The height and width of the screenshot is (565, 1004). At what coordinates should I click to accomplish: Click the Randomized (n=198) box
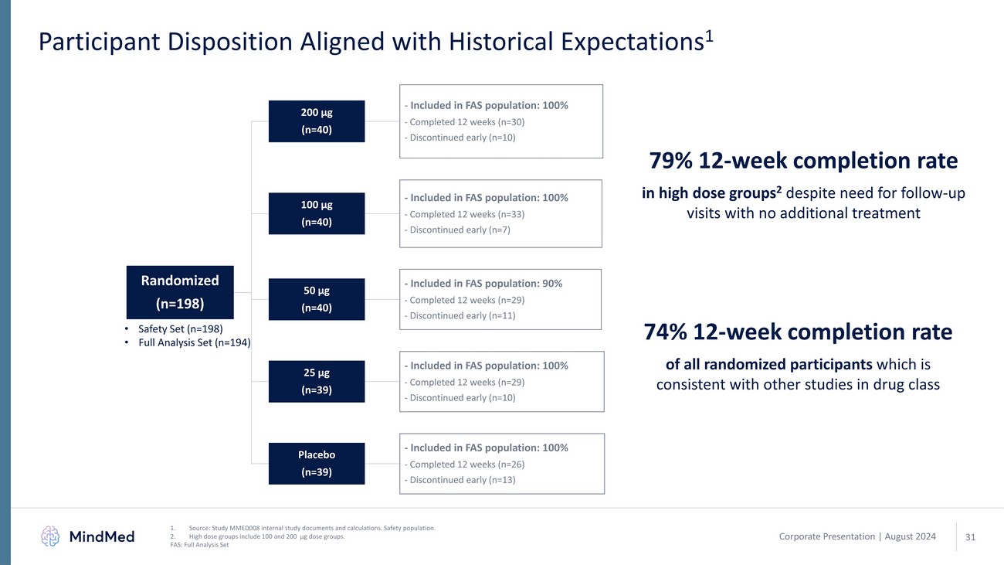180,291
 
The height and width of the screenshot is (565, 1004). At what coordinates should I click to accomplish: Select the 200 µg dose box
316,121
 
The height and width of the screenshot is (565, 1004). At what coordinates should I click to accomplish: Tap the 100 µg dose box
316,213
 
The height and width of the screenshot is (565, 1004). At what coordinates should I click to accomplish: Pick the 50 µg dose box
316,299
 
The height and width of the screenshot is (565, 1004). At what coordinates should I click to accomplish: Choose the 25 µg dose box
316,381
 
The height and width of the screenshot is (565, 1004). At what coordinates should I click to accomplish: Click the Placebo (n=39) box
316,463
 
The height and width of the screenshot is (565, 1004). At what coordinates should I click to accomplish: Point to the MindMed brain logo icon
50,536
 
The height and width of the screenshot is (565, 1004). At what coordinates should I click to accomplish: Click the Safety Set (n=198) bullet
180,328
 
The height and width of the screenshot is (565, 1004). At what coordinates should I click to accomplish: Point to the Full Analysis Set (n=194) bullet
194,342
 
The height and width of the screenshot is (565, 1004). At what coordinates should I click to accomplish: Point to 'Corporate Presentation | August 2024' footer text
856,536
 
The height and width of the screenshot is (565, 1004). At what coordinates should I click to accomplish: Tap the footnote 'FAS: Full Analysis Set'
199,544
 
